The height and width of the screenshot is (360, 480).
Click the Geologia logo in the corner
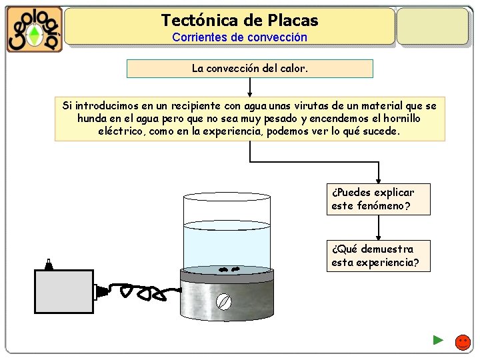[35, 29]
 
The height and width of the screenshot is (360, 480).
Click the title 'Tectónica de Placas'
[240, 21]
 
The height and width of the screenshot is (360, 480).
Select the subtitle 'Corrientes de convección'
[240, 37]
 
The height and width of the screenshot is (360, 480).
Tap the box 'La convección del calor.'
[249, 69]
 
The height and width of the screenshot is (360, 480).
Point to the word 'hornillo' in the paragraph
[401, 118]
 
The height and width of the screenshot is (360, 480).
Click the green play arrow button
[438, 340]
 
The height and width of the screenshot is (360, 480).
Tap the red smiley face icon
[463, 343]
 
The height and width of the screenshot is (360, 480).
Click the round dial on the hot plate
[225, 302]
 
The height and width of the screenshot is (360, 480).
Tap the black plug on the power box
[101, 291]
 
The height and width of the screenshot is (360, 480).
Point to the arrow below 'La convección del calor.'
[249, 87]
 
